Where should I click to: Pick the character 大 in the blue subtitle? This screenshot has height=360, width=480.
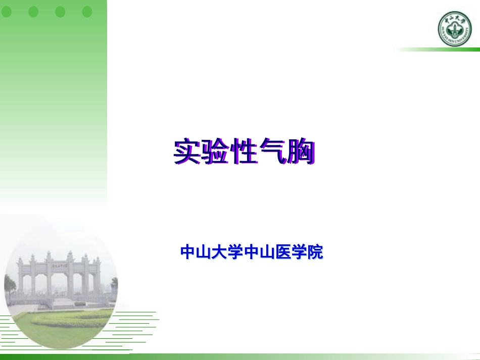click(x=219, y=252)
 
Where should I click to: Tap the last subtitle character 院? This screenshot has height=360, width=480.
click(x=315, y=252)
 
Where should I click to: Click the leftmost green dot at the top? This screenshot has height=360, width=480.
click(x=7, y=12)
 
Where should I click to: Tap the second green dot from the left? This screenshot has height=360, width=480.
click(x=33, y=12)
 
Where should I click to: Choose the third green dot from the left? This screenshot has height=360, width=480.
click(x=60, y=12)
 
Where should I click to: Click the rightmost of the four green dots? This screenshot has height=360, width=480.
click(x=87, y=12)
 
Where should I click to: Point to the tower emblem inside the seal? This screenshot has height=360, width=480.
click(x=454, y=32)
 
